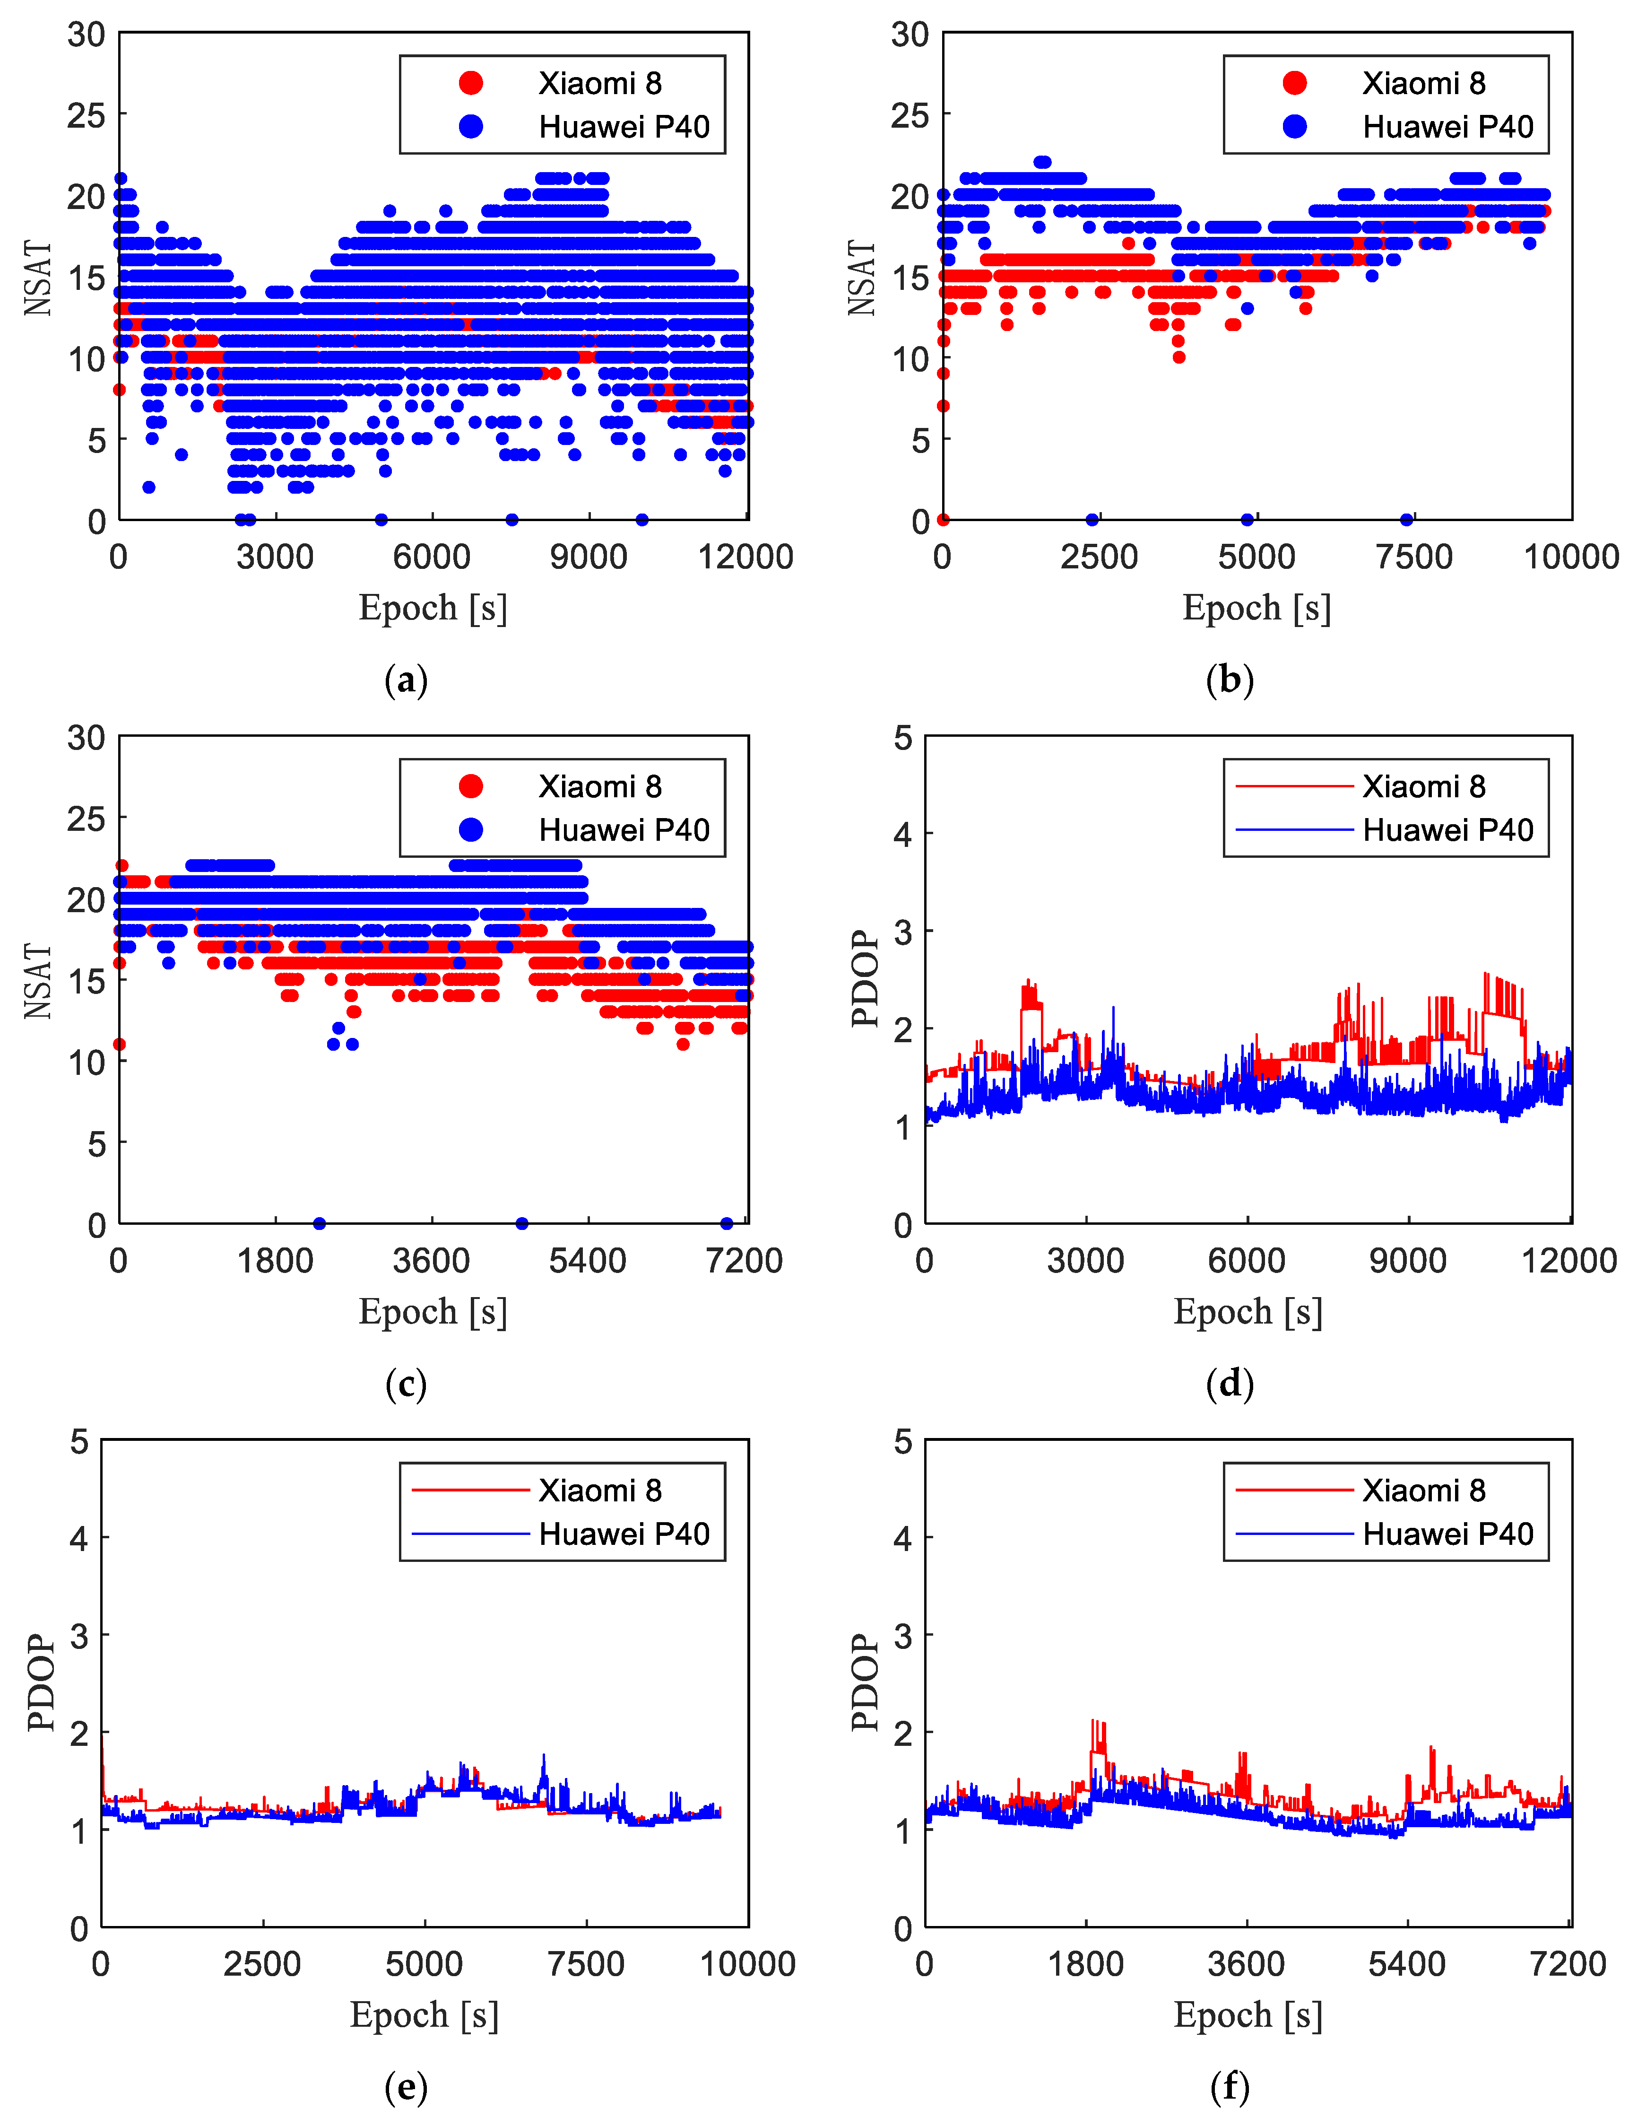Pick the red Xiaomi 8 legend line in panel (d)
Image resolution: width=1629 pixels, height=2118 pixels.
1293,786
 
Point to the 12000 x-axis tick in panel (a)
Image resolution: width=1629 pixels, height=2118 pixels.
745,557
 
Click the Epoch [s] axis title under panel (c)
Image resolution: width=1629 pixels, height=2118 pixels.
433,1311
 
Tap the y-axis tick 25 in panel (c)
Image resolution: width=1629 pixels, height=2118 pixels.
87,819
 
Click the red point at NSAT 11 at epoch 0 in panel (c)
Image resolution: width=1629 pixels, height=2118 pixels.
119,1045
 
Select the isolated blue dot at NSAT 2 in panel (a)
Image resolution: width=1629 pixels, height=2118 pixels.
148,487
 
